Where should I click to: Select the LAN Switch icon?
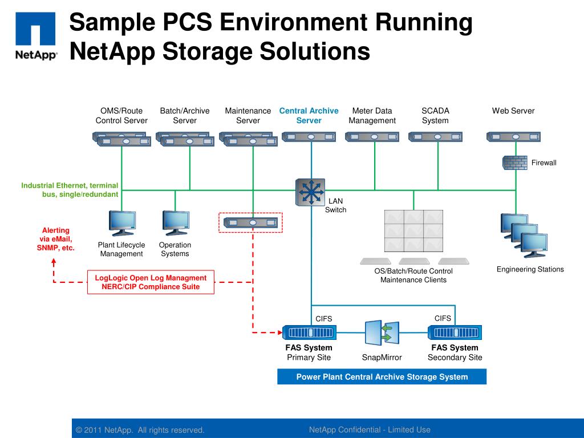[x=310, y=192]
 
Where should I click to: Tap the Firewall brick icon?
[x=514, y=163]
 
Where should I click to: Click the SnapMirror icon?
[x=382, y=333]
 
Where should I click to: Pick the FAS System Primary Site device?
[x=309, y=332]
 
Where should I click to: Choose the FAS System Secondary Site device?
[x=455, y=332]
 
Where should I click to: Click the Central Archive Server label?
[x=309, y=116]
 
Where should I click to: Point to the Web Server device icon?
[x=513, y=137]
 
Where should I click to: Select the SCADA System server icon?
[x=435, y=137]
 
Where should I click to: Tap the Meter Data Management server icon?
[x=372, y=137]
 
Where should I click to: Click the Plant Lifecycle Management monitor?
[x=122, y=223]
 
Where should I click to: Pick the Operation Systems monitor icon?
[x=175, y=223]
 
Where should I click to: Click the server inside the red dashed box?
[x=251, y=222]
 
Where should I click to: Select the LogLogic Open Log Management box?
[x=151, y=282]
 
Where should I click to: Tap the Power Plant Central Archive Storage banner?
[x=382, y=377]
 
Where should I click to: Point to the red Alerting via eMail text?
[x=55, y=239]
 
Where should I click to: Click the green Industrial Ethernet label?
[x=70, y=190]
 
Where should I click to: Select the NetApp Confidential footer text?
[x=370, y=430]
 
